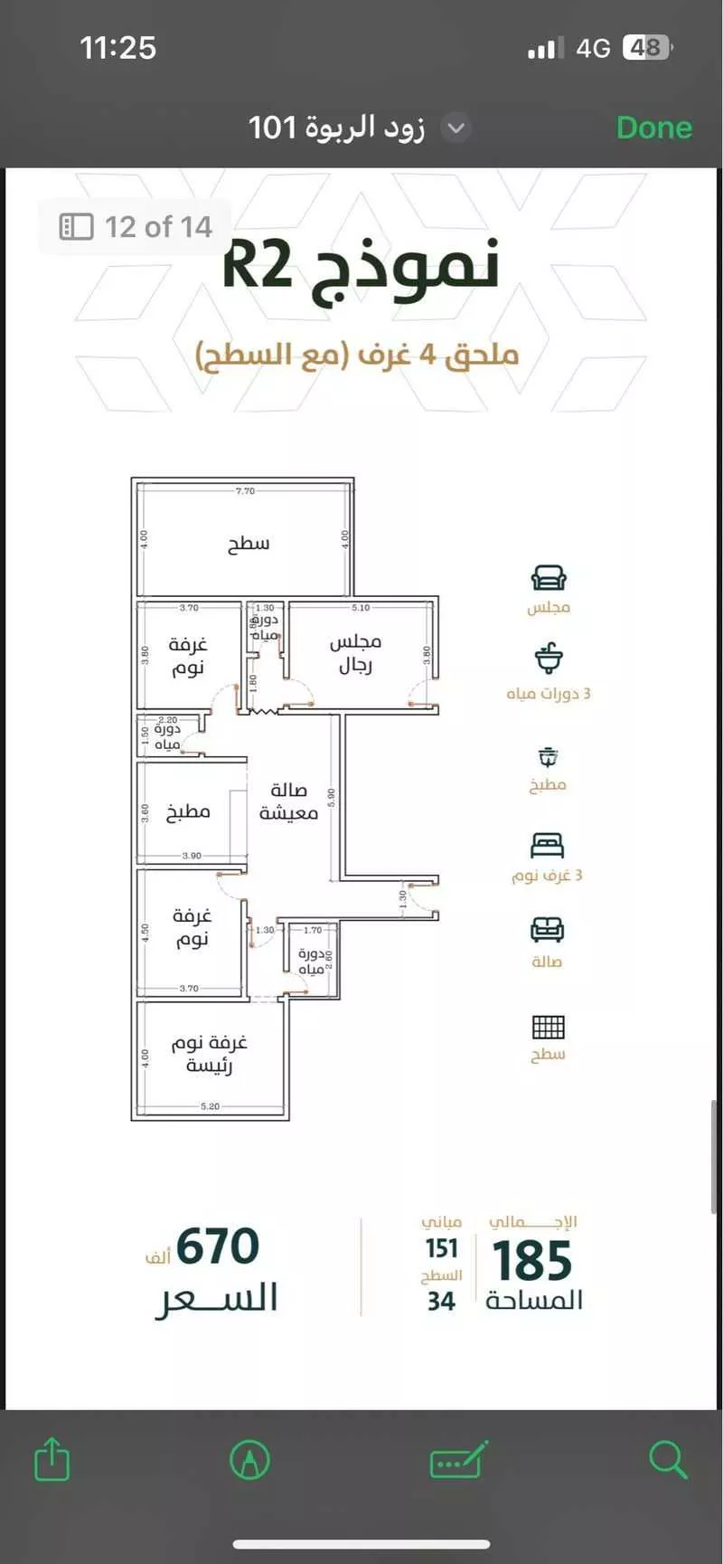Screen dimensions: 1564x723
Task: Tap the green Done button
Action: (x=653, y=128)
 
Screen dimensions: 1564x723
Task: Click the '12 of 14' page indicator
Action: (x=137, y=226)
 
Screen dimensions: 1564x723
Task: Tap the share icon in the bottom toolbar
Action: (x=52, y=1459)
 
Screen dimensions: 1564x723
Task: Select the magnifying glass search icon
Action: (x=668, y=1459)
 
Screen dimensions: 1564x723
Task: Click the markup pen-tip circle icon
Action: (x=250, y=1459)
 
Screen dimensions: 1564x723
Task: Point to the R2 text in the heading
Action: (x=258, y=265)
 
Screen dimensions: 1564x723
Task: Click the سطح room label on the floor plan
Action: (x=249, y=543)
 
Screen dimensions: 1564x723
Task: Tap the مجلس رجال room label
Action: (x=355, y=653)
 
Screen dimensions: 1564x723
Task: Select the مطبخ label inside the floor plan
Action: (x=188, y=811)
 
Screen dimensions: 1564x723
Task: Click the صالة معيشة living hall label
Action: (x=288, y=801)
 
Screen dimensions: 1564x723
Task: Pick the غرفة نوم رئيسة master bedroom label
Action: (x=210, y=1054)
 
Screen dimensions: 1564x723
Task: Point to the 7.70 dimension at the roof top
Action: (x=245, y=491)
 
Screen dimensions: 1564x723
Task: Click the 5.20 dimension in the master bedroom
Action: (x=210, y=1106)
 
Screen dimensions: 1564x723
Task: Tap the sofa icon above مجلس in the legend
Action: (x=549, y=578)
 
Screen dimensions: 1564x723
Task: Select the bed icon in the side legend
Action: (x=548, y=846)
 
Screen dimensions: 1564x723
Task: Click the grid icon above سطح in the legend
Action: (x=548, y=1027)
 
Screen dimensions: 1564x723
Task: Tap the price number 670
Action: (x=218, y=1246)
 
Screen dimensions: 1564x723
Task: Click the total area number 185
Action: (x=532, y=1261)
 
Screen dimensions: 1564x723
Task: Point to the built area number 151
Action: (x=442, y=1248)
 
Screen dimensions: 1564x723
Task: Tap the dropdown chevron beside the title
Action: (x=456, y=128)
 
